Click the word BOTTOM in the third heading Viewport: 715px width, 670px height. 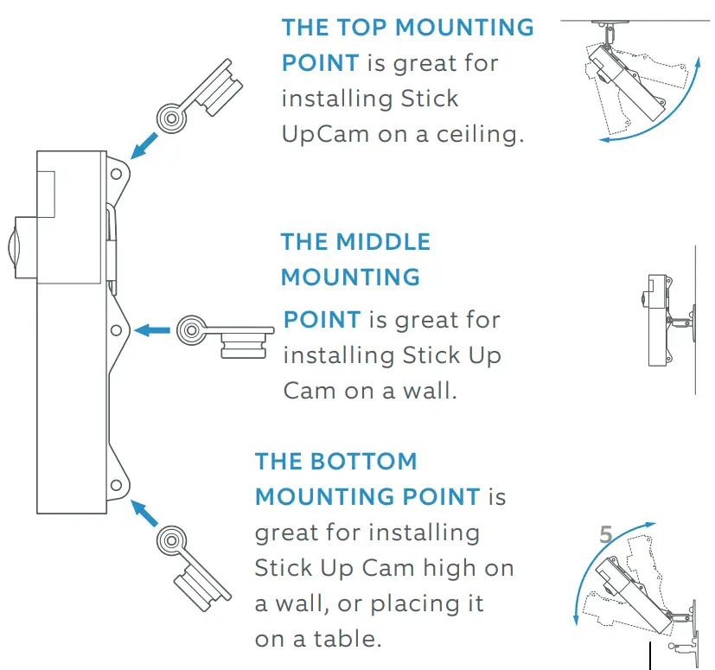point(363,461)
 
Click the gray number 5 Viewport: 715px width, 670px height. point(606,536)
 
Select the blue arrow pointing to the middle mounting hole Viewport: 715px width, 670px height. point(154,329)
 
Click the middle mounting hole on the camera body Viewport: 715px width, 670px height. point(116,329)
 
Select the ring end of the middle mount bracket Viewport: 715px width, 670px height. point(191,329)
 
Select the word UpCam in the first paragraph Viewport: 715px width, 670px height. point(318,135)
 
